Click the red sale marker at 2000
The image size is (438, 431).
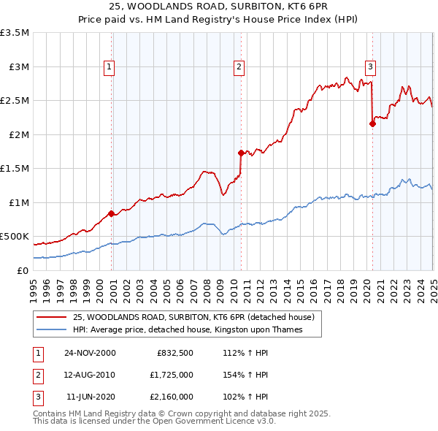click(x=112, y=213)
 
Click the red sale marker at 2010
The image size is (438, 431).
click(x=241, y=153)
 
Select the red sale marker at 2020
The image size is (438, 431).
click(x=372, y=123)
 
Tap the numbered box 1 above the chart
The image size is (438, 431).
click(x=109, y=67)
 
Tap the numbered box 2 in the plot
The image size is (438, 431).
click(x=239, y=67)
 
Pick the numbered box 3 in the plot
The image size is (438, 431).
click(x=370, y=67)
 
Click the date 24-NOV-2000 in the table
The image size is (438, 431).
click(x=90, y=353)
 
